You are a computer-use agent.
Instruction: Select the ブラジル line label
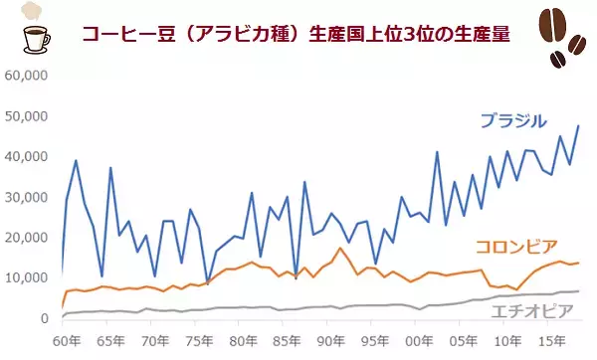(512, 121)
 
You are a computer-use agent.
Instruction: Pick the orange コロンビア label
(515, 247)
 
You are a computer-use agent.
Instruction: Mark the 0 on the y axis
(44, 318)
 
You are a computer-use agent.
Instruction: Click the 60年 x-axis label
(67, 341)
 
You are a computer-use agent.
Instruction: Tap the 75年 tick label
(198, 341)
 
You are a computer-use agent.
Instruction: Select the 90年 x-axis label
(331, 341)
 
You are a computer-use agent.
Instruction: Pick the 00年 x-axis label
(420, 341)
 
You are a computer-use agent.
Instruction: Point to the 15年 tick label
(551, 341)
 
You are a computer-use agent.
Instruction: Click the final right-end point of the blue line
(579, 125)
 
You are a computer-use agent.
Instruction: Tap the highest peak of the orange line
(340, 248)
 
